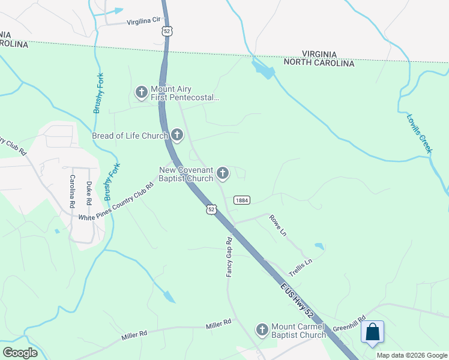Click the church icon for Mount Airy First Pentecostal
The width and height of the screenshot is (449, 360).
point(141,92)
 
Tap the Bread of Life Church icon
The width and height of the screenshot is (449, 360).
point(176,135)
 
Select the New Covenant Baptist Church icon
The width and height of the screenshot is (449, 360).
point(223,174)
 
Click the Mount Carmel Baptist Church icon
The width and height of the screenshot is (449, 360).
point(262,330)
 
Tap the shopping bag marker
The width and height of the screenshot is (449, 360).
point(373,332)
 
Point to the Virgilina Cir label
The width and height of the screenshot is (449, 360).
point(144,20)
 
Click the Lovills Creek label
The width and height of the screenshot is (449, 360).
point(419,133)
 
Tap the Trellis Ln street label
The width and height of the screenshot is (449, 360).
point(301,263)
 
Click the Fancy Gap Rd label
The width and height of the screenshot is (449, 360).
point(229,257)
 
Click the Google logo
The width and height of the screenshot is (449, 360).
point(20,353)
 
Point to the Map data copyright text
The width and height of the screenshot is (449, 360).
point(411,355)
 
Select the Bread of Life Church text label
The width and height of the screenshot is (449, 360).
point(130,136)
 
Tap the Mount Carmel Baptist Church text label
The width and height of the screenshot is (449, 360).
point(298,330)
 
